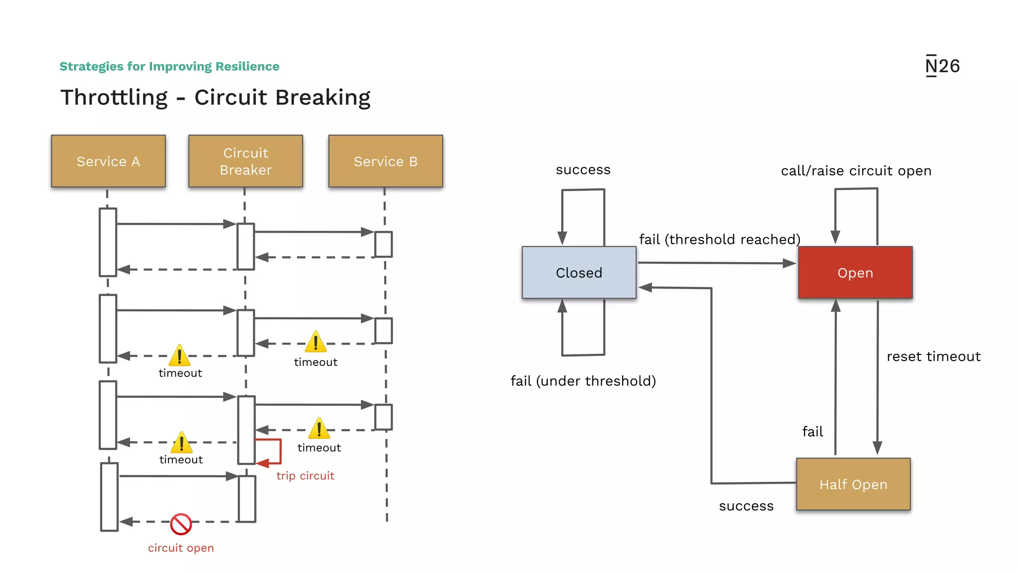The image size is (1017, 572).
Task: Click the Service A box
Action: coord(108,161)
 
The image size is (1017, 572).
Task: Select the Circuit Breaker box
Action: coord(245,161)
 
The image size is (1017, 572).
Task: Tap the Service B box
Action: coord(385,161)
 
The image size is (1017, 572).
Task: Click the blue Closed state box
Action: coord(579,273)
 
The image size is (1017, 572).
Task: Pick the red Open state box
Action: coord(855,273)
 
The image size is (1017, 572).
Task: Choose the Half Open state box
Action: coord(853,484)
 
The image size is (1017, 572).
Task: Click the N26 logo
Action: coord(942,66)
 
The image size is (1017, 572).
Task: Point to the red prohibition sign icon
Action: coord(181,524)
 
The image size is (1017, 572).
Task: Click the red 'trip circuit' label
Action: coord(305,476)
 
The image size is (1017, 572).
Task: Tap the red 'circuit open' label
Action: coord(181,548)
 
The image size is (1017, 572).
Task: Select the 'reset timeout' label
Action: coord(933,357)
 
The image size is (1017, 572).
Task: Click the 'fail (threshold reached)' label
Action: coord(720,239)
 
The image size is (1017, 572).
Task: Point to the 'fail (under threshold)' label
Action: coord(583,381)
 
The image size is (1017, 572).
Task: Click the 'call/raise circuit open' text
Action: coord(856,171)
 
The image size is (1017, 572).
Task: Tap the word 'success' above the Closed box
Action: coord(583,170)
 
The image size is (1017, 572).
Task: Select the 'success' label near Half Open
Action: coord(746,506)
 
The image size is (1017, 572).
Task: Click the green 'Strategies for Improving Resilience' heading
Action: coord(169,67)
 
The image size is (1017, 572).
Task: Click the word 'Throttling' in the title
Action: coord(114,97)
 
